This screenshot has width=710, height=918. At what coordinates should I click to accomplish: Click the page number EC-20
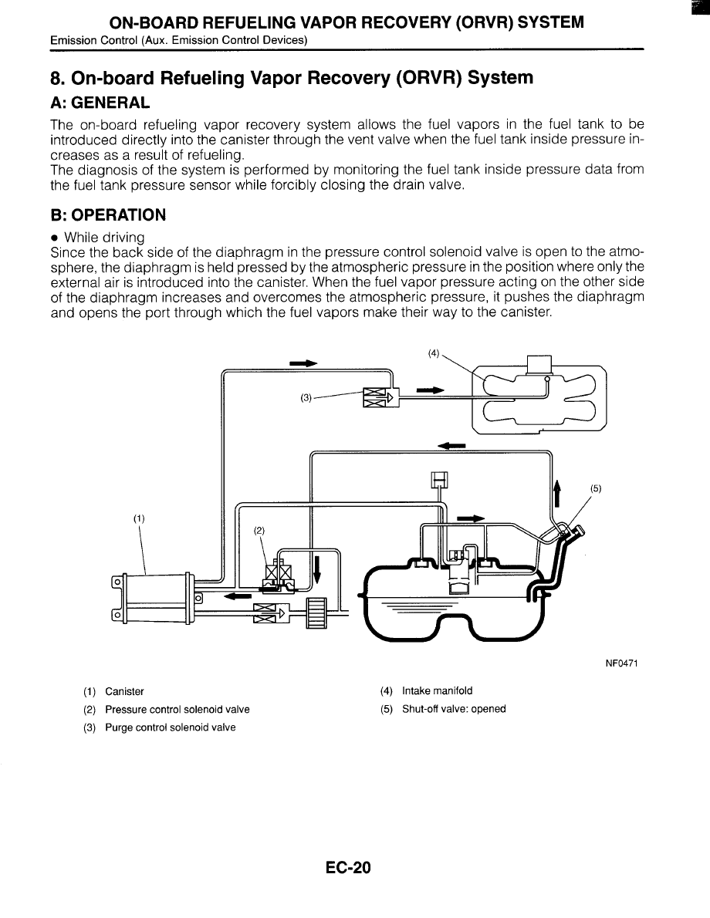coord(348,868)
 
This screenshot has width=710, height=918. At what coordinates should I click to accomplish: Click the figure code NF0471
coord(626,663)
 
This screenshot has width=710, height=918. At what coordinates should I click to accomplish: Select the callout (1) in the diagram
coord(138,518)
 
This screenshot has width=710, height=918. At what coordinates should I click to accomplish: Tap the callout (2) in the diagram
coord(259,530)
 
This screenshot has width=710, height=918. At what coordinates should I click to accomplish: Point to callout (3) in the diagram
coord(306,398)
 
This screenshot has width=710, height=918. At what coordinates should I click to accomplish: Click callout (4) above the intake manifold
coord(434,354)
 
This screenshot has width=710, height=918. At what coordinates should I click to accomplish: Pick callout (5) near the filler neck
coord(596,488)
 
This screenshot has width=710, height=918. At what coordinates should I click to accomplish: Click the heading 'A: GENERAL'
coord(100,103)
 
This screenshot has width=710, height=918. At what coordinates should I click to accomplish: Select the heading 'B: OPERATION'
coord(108,214)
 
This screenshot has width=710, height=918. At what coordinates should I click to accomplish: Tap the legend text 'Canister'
coord(124,691)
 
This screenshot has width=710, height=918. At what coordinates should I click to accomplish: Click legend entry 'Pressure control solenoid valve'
coord(177,709)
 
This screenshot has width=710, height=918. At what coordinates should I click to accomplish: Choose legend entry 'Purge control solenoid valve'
coord(171,727)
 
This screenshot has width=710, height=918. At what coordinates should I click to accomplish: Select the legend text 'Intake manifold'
coord(437,691)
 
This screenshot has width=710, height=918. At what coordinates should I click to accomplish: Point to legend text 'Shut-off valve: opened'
coord(454,709)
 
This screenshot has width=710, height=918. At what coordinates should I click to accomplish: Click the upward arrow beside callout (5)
coord(557,493)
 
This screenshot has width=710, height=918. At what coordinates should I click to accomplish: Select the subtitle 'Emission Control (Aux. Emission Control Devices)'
coord(178,40)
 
